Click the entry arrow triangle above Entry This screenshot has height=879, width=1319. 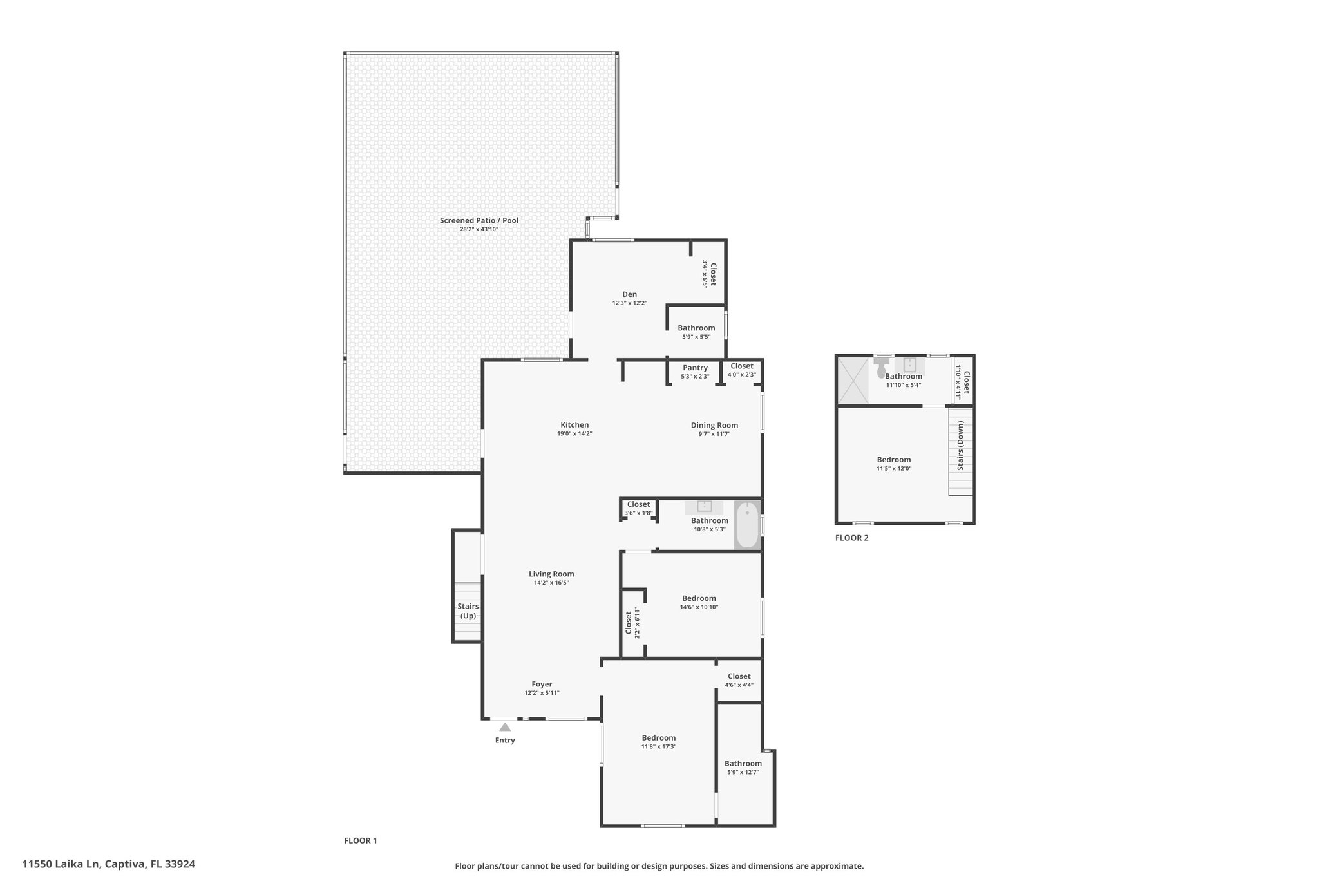click(x=505, y=727)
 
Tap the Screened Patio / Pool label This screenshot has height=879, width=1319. click(x=479, y=220)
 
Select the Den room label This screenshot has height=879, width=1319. click(x=629, y=294)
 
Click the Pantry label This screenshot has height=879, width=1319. click(x=695, y=368)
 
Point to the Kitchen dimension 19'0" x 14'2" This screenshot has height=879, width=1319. click(x=574, y=434)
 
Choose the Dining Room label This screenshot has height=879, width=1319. click(x=714, y=425)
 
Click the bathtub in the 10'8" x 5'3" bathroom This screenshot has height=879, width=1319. click(x=747, y=525)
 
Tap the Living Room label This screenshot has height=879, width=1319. click(x=551, y=574)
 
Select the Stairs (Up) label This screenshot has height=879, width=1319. click(x=468, y=611)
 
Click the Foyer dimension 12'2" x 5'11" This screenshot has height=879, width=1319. click(x=542, y=693)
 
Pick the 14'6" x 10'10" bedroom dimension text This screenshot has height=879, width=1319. click(x=699, y=607)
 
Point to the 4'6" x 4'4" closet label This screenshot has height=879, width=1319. click(x=739, y=676)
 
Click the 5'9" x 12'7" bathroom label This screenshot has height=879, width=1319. click(x=743, y=763)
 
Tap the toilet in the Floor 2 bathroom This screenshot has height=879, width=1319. click(x=881, y=368)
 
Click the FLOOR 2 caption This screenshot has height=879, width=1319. click(x=851, y=538)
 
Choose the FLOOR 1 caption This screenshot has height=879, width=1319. click(x=360, y=840)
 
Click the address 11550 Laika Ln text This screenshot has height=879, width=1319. click(x=62, y=864)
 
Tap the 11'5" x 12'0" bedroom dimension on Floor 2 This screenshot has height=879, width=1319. click(x=893, y=469)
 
